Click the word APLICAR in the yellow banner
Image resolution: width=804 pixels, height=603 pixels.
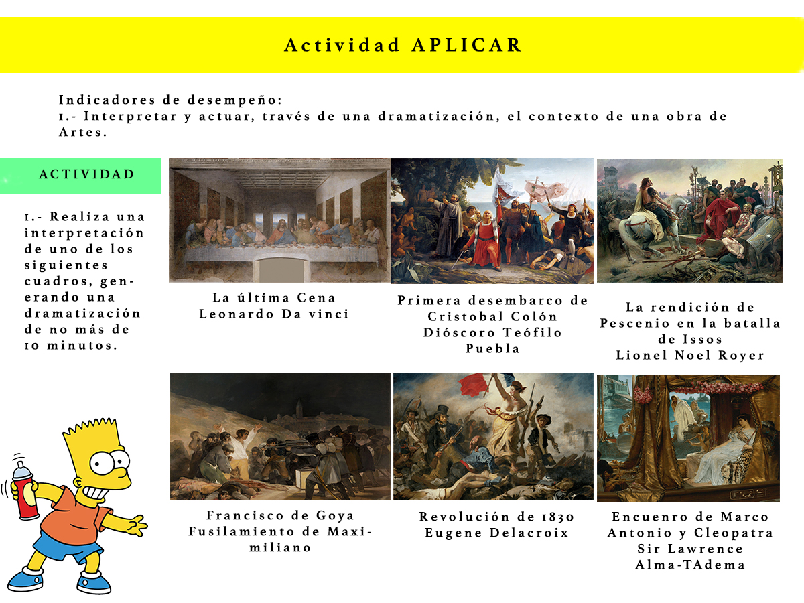pos(466,45)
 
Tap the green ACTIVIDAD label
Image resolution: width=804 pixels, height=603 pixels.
pos(80,176)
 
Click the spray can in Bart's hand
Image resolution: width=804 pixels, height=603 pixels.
pos(25,490)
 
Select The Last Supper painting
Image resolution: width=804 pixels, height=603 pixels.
pos(279,220)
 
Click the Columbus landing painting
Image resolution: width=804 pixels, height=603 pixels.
pos(492,221)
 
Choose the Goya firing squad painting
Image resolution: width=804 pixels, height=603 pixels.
pos(280,437)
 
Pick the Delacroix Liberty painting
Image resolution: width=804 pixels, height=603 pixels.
pos(493,437)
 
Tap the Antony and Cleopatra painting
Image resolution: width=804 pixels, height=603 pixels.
pos(688,438)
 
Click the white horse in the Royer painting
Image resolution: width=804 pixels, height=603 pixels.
pos(645,223)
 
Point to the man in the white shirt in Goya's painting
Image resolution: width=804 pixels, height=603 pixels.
pos(239,443)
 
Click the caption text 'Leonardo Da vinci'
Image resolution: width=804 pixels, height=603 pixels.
pos(274,314)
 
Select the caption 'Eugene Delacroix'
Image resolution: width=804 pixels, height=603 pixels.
pos(496,533)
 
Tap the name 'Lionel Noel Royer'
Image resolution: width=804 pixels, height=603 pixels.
pos(690,356)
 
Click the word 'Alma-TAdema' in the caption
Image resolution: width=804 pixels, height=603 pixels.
pos(691,565)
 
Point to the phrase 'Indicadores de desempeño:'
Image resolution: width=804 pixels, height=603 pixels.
pos(171,100)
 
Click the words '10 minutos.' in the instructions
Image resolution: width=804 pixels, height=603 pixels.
pos(71,346)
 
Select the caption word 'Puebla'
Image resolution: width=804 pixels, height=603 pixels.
pos(492,349)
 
